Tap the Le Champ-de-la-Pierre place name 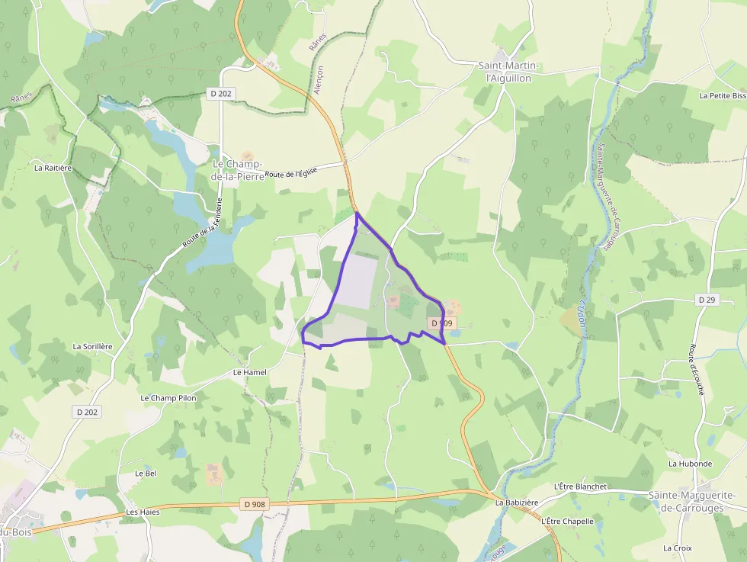pyautogui.click(x=237, y=170)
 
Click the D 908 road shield pyautogui.click(x=255, y=504)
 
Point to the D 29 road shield pyautogui.click(x=707, y=300)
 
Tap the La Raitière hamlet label pyautogui.click(x=53, y=167)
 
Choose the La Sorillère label pyautogui.click(x=92, y=346)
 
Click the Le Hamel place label pyautogui.click(x=250, y=372)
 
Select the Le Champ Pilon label pyautogui.click(x=168, y=398)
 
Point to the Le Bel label pyautogui.click(x=146, y=473)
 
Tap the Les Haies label pyautogui.click(x=143, y=512)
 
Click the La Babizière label pyautogui.click(x=517, y=503)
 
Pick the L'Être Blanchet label pyautogui.click(x=580, y=487)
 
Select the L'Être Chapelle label pyautogui.click(x=567, y=521)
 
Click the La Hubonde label pyautogui.click(x=690, y=464)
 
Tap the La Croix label pyautogui.click(x=677, y=548)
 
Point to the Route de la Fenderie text pyautogui.click(x=202, y=223)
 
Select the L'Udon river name pyautogui.click(x=581, y=313)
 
